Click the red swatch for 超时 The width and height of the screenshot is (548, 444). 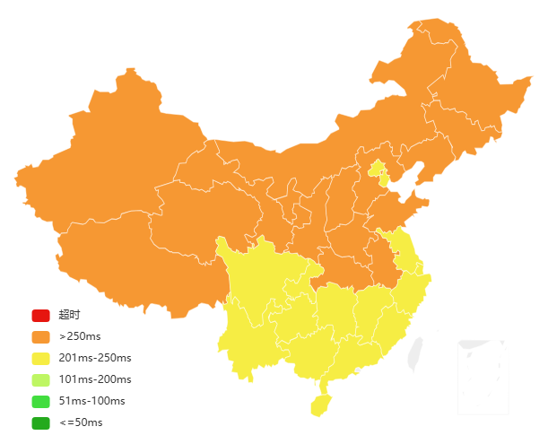[40, 315]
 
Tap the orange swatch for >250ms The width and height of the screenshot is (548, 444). [40, 336]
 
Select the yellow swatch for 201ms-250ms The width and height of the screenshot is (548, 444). [40, 358]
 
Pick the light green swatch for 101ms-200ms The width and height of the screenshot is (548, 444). [40, 379]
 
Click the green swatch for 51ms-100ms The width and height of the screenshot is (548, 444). [40, 401]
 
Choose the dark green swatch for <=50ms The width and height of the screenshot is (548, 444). [40, 422]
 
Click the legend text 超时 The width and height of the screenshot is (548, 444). [70, 315]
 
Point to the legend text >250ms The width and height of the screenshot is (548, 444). [80, 336]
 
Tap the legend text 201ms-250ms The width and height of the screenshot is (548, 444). [95, 358]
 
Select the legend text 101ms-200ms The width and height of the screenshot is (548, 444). [95, 379]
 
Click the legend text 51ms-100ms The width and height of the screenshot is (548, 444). [92, 401]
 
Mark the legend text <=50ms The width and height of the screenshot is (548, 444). [81, 422]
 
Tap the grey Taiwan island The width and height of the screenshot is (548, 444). [415, 353]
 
